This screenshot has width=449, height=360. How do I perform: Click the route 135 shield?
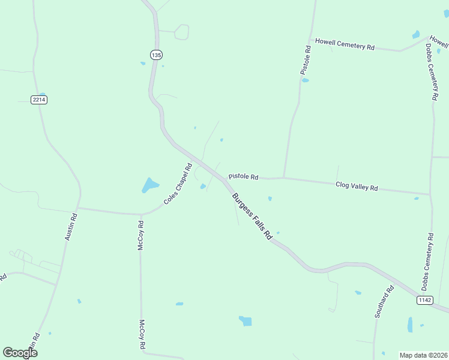(x=156, y=55)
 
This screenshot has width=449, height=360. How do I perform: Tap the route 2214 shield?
(x=39, y=99)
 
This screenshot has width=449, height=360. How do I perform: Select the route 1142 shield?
(x=424, y=300)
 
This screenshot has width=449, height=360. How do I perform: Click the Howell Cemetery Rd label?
(x=345, y=45)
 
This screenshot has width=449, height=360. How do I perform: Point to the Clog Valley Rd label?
(x=357, y=187)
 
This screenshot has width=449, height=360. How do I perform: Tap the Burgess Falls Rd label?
(x=252, y=217)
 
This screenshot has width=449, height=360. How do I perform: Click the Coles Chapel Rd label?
(x=178, y=184)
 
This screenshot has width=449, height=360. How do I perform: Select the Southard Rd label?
(x=384, y=301)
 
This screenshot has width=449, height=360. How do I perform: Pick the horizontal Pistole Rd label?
(x=243, y=177)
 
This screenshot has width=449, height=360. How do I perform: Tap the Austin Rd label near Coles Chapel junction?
(x=71, y=227)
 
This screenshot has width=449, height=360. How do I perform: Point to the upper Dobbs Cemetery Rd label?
(x=432, y=71)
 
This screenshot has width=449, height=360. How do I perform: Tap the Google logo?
(x=20, y=353)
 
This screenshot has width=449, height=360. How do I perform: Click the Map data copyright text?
(x=423, y=355)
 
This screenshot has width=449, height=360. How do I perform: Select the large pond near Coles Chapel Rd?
(x=149, y=185)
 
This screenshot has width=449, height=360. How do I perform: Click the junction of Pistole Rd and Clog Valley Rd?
(x=283, y=178)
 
